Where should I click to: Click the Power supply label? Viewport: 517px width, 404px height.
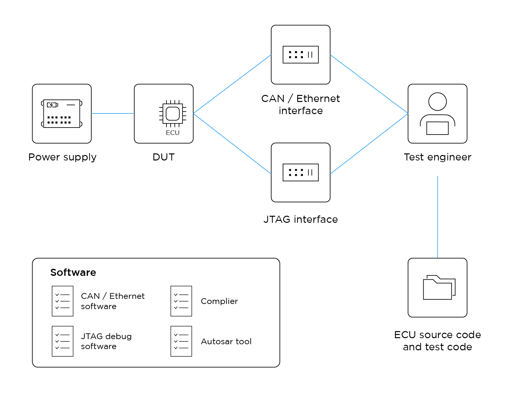click(x=62, y=157)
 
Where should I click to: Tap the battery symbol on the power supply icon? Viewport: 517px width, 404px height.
click(x=52, y=105)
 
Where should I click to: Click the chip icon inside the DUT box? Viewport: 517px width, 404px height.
click(x=173, y=113)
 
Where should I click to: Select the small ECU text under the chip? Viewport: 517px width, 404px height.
click(x=173, y=133)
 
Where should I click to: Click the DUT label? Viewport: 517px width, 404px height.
click(x=164, y=157)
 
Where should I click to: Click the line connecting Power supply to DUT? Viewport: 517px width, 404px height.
click(x=112, y=113)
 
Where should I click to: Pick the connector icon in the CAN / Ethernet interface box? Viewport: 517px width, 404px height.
click(x=300, y=55)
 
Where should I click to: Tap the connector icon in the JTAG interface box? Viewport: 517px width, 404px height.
click(x=300, y=173)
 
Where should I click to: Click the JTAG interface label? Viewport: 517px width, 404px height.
click(x=300, y=219)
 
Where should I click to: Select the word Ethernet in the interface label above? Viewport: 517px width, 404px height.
click(x=318, y=98)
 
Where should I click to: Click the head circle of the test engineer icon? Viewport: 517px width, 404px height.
click(x=437, y=102)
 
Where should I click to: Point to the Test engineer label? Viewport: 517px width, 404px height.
click(x=437, y=157)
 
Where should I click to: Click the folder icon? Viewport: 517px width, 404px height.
click(x=439, y=288)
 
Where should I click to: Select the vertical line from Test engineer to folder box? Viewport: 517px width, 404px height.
click(x=437, y=217)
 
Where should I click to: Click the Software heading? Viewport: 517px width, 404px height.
click(x=73, y=272)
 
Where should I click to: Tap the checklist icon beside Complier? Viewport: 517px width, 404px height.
click(x=181, y=301)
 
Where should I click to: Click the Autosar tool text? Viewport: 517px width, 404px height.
click(x=226, y=341)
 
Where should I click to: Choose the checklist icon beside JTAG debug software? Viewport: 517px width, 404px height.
click(x=63, y=341)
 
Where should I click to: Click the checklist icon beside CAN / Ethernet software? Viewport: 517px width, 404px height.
click(x=63, y=301)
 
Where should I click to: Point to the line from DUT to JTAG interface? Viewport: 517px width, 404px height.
click(x=232, y=144)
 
